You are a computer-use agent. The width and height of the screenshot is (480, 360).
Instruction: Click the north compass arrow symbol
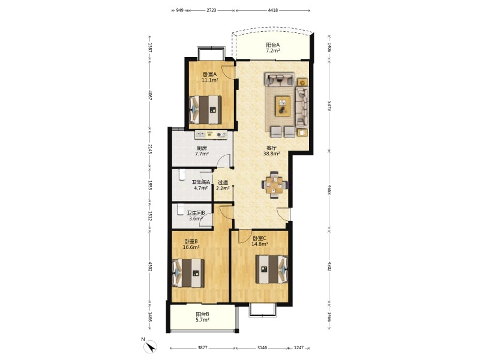coord(150,346)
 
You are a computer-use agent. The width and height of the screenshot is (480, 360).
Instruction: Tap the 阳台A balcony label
coord(273,44)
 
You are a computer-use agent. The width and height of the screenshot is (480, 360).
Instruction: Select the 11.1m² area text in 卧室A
coord(209,80)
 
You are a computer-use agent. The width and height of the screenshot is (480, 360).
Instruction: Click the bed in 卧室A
coord(205,110)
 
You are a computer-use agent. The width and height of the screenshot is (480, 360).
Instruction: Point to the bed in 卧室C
coord(272,269)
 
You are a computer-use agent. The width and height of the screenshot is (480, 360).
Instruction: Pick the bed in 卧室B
coord(188,273)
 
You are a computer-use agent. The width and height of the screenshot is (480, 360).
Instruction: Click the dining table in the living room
coord(274,185)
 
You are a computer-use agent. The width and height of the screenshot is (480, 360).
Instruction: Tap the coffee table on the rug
coord(283,106)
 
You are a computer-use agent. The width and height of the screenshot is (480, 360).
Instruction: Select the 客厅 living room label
coord(272,148)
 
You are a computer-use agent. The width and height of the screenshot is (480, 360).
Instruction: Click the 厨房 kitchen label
coord(202,148)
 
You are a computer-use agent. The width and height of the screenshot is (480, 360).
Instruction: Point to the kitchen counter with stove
coord(211,134)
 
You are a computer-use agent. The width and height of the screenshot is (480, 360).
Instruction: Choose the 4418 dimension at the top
coord(273,10)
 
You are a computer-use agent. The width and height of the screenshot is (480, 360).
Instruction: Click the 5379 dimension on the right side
coord(329,106)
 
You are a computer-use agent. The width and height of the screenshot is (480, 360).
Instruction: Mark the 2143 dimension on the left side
coord(149,149)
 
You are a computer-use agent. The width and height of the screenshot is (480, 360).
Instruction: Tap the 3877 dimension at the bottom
coord(202,348)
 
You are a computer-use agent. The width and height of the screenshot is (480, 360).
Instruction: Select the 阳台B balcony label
coord(202,314)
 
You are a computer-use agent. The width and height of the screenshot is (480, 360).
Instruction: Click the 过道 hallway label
coord(223,182)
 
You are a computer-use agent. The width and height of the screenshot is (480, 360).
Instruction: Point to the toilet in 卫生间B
coord(180,209)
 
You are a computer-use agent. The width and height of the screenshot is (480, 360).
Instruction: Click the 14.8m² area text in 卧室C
coord(260,244)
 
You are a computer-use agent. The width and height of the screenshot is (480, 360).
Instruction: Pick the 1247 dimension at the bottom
coord(298,348)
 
